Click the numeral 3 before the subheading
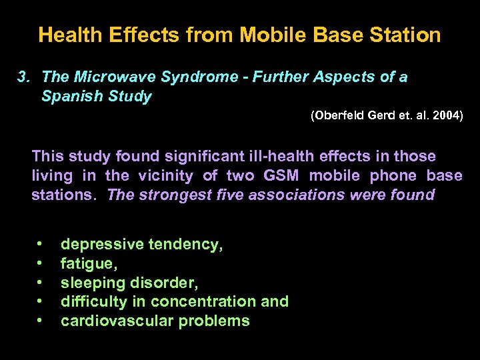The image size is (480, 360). pos(21,77)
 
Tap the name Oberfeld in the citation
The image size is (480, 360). pos(339,115)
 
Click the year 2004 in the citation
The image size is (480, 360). pos(445,115)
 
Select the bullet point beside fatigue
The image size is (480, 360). pos(40,263)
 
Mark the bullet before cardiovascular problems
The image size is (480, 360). pos(40,321)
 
